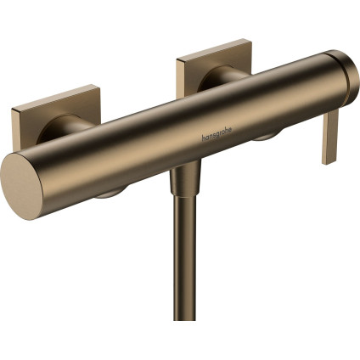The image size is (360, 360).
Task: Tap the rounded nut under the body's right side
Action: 265,136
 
